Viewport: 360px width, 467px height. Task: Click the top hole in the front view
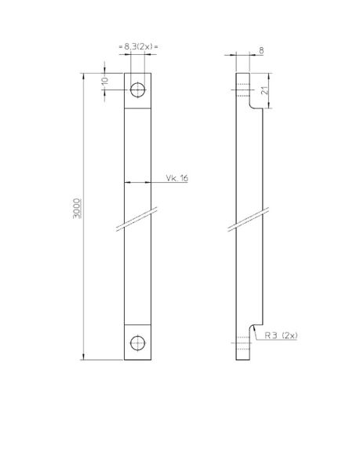pos(138,88)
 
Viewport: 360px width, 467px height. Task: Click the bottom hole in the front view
pos(138,342)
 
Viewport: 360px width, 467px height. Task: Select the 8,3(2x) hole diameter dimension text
pos(138,47)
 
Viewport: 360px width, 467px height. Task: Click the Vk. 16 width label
pos(176,179)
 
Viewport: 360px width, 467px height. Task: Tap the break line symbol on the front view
pos(137,220)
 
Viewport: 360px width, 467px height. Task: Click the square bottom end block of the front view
pos(138,343)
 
